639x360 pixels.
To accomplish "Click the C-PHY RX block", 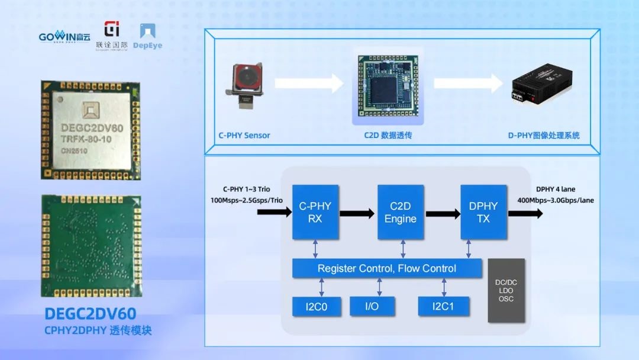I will (x=315, y=212).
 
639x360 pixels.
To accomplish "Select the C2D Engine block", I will (x=401, y=212).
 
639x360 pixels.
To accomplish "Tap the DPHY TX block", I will (x=483, y=212).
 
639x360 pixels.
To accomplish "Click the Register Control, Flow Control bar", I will (x=386, y=268).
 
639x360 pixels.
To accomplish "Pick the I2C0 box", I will (x=317, y=306).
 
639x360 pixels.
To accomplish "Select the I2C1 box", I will (x=443, y=306).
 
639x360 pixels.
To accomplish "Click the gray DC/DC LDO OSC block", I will (x=506, y=290).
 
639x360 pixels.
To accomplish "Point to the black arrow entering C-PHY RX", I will (x=274, y=210).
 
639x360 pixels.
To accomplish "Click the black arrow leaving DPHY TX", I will (x=525, y=213).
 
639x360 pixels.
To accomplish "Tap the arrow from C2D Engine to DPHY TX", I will (x=443, y=213).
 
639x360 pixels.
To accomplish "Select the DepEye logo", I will (x=147, y=36).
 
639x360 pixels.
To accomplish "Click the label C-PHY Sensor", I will (x=244, y=136).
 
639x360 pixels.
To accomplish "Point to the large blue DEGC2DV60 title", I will (x=91, y=314).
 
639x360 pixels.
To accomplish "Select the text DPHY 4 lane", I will (x=556, y=189).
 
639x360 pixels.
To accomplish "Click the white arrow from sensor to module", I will (x=308, y=83).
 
